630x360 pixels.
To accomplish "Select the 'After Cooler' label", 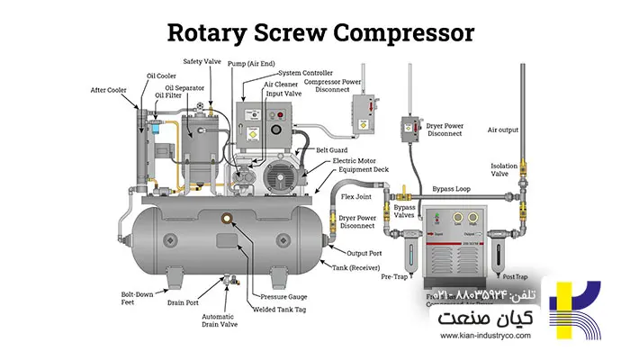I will tap(107, 90).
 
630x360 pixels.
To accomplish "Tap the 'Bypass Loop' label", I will tap(452, 190).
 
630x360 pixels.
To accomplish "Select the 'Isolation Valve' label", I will tap(504, 170).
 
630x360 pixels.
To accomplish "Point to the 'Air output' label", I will tap(503, 130).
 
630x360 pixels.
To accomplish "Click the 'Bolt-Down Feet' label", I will tap(136, 299).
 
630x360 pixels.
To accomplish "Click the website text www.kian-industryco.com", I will tap(485, 337).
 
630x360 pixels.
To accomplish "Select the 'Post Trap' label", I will tap(514, 276).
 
